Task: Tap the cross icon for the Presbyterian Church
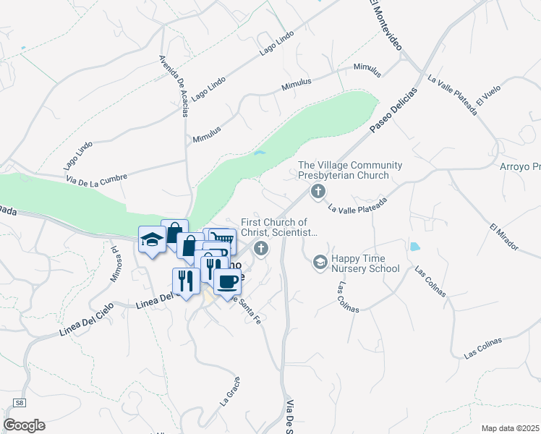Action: pyautogui.click(x=317, y=192)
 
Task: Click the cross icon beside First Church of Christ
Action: pyautogui.click(x=261, y=249)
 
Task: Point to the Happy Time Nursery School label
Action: pyautogui.click(x=365, y=263)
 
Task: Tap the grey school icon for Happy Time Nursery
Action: pyautogui.click(x=320, y=261)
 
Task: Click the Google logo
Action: pyautogui.click(x=24, y=425)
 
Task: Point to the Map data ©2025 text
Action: pyautogui.click(x=510, y=427)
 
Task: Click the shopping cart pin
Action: pyautogui.click(x=223, y=239)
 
